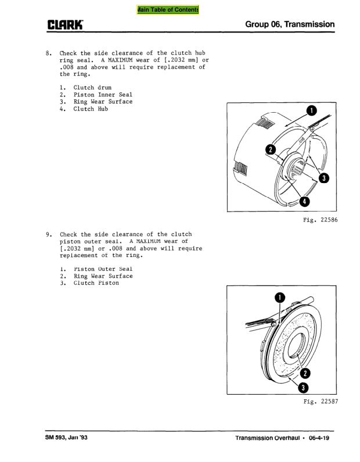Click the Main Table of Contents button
[x=168, y=10]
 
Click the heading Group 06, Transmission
[x=290, y=24]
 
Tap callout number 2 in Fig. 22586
[x=269, y=149]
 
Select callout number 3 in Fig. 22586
[x=323, y=178]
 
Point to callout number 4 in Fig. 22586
[x=303, y=202]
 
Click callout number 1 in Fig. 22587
[x=280, y=298]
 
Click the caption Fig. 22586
[x=321, y=220]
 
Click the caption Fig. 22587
[x=321, y=402]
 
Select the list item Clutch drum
[x=92, y=88]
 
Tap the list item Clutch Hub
[x=91, y=109]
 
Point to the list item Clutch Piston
[x=96, y=283]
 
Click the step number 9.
[x=48, y=235]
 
